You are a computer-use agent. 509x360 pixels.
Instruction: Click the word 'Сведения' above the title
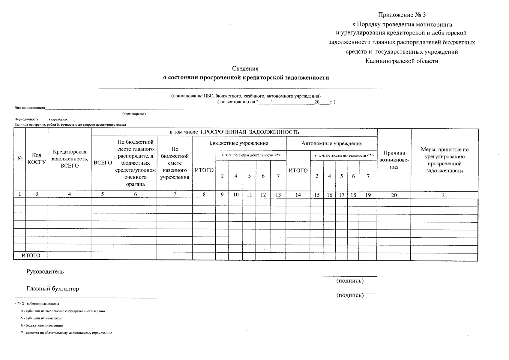click(x=245, y=69)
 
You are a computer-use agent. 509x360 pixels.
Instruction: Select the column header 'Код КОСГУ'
click(x=37, y=158)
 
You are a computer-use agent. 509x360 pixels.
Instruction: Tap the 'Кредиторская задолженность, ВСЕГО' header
click(x=69, y=159)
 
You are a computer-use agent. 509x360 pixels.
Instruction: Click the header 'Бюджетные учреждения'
click(x=239, y=143)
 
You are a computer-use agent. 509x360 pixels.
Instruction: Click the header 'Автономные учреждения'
click(x=332, y=143)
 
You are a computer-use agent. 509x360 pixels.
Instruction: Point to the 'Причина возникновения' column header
click(x=394, y=160)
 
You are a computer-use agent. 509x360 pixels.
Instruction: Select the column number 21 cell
click(x=444, y=195)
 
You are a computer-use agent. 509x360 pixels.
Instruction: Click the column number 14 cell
click(x=298, y=195)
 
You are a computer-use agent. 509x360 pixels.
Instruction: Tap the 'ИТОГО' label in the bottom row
click(x=31, y=256)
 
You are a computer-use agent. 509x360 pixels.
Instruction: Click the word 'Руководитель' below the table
click(x=45, y=271)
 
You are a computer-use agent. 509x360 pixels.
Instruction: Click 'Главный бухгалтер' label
click(x=52, y=289)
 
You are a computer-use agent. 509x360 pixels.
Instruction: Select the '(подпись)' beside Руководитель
click(x=350, y=281)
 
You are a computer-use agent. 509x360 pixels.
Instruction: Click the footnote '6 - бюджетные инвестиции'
click(x=42, y=325)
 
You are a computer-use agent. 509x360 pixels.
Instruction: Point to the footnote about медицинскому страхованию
click(x=66, y=333)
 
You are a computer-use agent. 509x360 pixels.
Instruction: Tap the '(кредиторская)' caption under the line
click(x=134, y=114)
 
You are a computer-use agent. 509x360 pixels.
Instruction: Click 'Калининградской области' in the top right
click(x=402, y=61)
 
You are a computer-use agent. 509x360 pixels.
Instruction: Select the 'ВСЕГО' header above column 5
click(x=103, y=163)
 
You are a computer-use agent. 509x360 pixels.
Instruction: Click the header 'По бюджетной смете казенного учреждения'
click(x=175, y=163)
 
